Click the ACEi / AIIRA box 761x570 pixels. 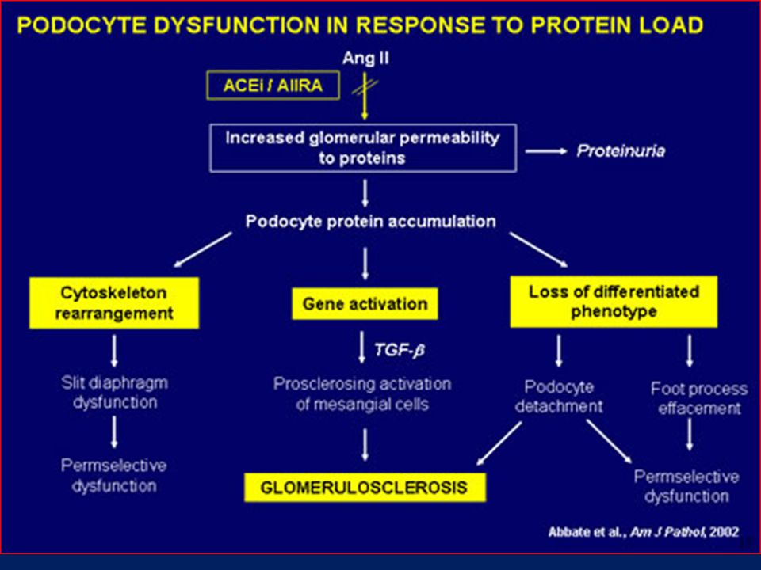(x=273, y=85)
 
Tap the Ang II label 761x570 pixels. (x=365, y=59)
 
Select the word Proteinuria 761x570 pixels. (x=621, y=151)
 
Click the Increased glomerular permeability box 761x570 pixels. (x=363, y=148)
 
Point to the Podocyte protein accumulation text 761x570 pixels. (x=371, y=222)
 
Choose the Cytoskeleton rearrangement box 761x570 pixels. (x=114, y=303)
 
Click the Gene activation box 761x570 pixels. (x=365, y=304)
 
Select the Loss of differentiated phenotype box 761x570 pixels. (x=614, y=302)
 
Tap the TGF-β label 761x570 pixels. (x=400, y=349)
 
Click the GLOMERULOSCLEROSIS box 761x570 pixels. (x=365, y=487)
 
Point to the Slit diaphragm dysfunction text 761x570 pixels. (x=114, y=392)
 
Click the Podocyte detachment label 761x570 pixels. (x=559, y=397)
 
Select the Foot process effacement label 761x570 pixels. (x=699, y=398)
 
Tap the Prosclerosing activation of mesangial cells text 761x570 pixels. (x=362, y=393)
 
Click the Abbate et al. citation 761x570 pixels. (x=644, y=532)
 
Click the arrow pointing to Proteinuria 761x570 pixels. (x=546, y=151)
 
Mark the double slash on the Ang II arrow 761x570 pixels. (x=365, y=87)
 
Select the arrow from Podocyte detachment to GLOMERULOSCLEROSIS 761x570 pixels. (x=499, y=443)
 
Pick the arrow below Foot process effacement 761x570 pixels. (x=689, y=435)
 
